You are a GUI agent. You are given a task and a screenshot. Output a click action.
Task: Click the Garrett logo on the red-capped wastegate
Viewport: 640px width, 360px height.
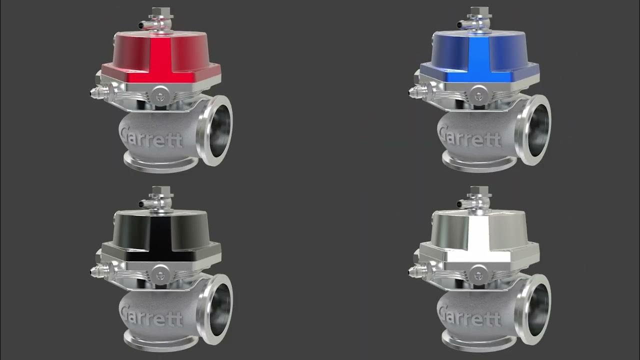[150, 136]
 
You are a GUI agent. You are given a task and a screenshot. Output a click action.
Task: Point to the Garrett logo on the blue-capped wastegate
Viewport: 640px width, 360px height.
[468, 136]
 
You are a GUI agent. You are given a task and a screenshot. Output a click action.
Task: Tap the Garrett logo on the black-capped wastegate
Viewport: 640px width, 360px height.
[150, 315]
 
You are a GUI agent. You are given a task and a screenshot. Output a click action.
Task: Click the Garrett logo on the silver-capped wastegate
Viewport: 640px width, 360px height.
[468, 315]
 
